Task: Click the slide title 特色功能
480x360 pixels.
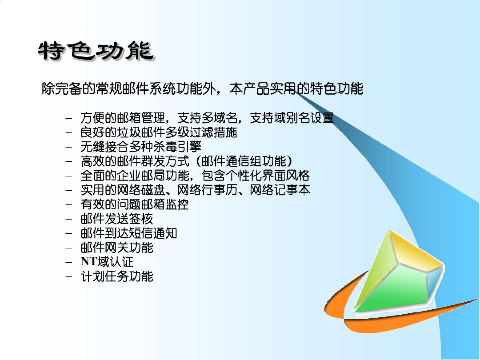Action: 96,51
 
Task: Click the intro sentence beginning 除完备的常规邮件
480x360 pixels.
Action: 202,89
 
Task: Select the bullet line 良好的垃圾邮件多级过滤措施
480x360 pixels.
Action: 159,132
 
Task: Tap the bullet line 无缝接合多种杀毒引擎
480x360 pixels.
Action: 141,147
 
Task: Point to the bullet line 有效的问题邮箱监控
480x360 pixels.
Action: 134,204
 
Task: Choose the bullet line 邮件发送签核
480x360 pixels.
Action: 117,219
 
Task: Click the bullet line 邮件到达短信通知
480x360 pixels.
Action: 129,233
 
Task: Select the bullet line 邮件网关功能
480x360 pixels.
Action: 117,248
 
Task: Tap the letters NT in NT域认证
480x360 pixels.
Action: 89,261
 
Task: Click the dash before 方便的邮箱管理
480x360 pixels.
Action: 69,118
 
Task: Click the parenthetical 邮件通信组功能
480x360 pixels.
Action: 244,161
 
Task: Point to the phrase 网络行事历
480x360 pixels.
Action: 207,190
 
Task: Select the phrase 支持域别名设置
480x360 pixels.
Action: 292,118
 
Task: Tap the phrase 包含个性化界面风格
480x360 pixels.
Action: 255,176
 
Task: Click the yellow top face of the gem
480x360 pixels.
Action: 413,251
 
